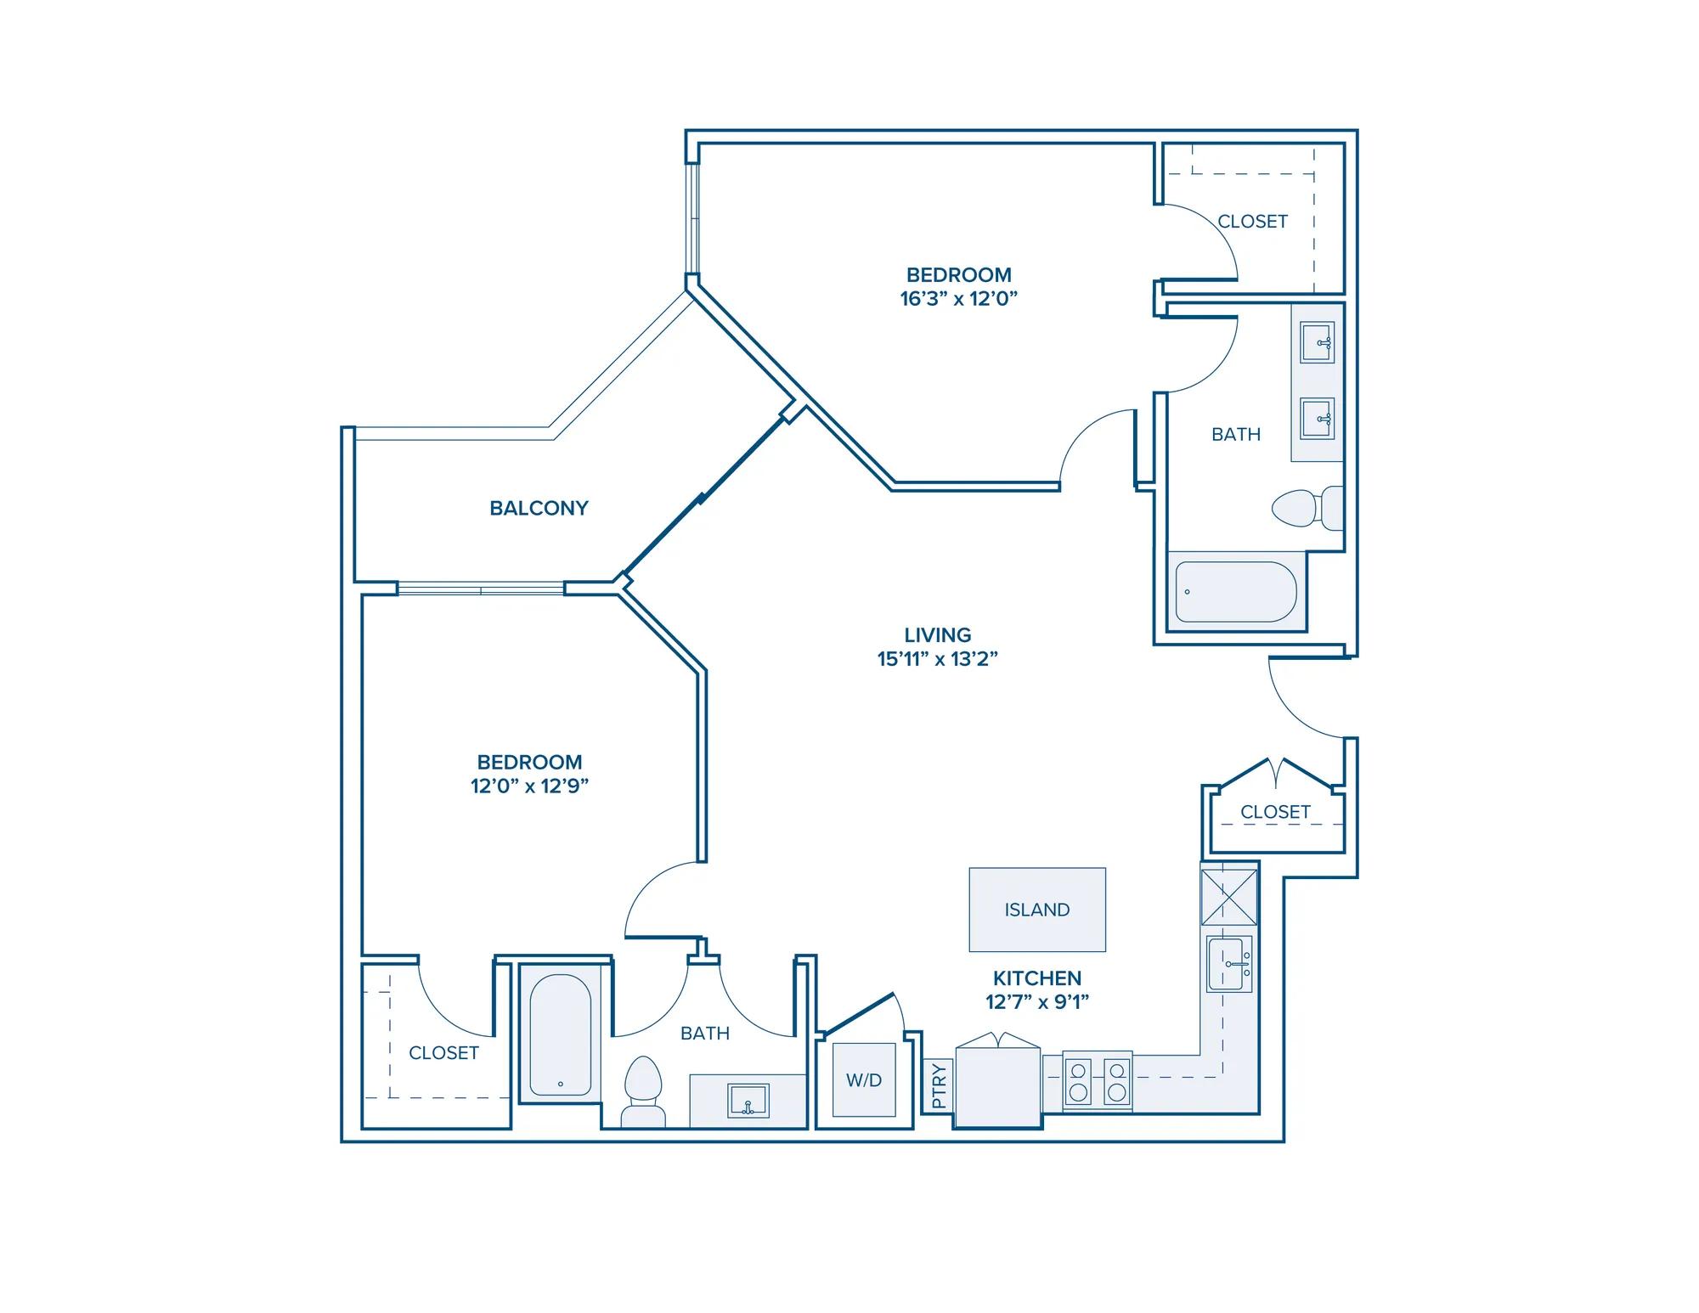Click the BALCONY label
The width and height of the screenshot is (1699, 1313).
[539, 508]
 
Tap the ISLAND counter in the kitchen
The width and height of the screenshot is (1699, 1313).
[1037, 910]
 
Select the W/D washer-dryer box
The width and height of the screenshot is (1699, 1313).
[864, 1079]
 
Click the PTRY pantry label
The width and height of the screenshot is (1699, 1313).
[939, 1086]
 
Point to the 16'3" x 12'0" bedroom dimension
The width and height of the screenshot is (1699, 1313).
[959, 299]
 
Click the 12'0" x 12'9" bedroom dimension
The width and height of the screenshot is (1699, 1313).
[529, 786]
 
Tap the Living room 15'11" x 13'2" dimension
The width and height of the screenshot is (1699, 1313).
[937, 659]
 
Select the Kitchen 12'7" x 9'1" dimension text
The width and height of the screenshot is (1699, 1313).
[1037, 1001]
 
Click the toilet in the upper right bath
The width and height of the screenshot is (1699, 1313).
[1307, 508]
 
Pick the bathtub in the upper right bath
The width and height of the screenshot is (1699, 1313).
[1236, 592]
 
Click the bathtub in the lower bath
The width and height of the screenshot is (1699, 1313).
[561, 1035]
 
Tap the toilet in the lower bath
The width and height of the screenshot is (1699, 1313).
[643, 1091]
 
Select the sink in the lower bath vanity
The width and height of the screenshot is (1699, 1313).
[748, 1101]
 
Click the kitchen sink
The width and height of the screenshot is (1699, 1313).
[1229, 964]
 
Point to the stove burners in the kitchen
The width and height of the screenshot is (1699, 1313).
[1098, 1081]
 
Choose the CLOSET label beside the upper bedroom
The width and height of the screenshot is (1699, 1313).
[1252, 222]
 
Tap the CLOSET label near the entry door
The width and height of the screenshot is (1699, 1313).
[1275, 812]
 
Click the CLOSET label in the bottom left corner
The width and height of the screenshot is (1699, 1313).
[443, 1053]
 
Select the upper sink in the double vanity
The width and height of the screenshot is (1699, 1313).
[1318, 342]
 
